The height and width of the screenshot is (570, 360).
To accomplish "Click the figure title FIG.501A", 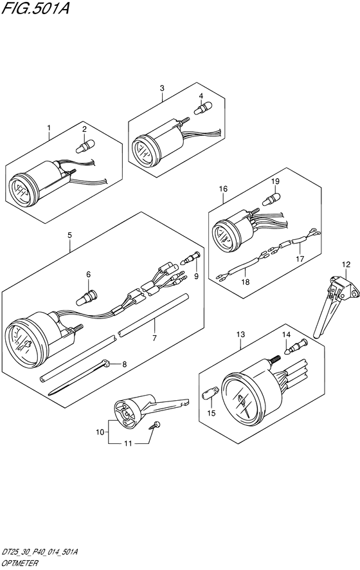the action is tap(35, 8).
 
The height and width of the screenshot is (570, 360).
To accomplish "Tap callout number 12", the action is tap(346, 264).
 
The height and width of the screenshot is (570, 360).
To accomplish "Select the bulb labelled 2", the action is tap(85, 146).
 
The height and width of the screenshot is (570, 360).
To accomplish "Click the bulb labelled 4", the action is tap(203, 108).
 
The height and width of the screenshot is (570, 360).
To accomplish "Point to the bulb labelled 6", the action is tap(87, 299).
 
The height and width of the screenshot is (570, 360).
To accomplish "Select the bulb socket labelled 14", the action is tap(297, 346).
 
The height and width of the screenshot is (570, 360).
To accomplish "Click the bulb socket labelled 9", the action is tap(191, 258).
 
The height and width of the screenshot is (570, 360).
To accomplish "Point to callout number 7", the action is tap(154, 338).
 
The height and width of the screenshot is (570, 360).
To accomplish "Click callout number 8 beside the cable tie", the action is tap(124, 364).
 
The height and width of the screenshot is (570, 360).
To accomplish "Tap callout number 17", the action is tap(300, 259).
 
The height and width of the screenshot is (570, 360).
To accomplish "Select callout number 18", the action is tap(246, 282).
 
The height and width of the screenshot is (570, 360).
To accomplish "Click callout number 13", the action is tap(240, 335).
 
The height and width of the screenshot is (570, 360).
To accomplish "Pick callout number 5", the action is tap(69, 235).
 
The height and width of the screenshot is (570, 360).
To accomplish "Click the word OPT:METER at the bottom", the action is tap(20, 564).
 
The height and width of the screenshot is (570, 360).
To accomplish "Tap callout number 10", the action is tap(100, 432).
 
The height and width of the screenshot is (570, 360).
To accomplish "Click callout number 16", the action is tap(223, 188).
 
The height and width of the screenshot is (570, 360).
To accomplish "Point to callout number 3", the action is tap(162, 88).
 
